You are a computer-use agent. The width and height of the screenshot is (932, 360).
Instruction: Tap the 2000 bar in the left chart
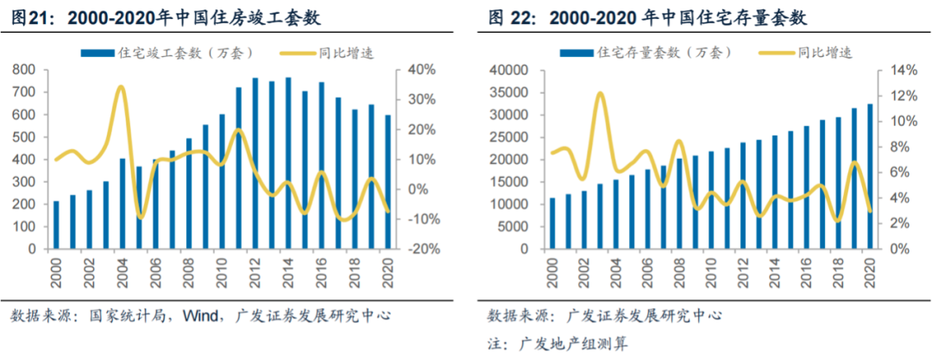click(56, 225)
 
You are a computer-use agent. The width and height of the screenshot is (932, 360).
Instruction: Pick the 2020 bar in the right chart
click(869, 177)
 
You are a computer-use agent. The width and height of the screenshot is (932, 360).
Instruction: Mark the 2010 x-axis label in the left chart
click(223, 269)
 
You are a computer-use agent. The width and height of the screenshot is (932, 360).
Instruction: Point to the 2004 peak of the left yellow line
click(122, 87)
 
